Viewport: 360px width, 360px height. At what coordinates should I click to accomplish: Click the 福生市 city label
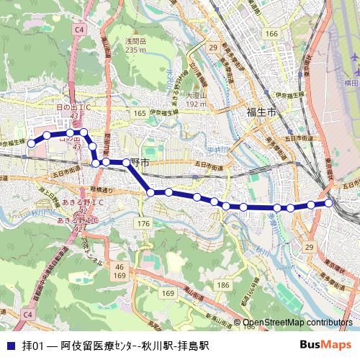[261, 112]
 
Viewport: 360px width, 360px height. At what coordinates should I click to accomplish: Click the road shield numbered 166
[271, 34]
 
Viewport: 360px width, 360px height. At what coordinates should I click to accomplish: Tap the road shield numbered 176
[143, 224]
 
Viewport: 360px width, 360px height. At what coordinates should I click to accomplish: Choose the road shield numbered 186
[223, 286]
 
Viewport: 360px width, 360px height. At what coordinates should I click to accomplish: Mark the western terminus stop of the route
[31, 144]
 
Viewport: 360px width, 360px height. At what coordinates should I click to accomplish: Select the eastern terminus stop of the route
[329, 203]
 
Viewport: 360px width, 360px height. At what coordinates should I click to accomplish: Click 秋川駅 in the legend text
[157, 345]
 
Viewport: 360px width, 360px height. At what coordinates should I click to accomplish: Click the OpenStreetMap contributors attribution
[297, 323]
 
